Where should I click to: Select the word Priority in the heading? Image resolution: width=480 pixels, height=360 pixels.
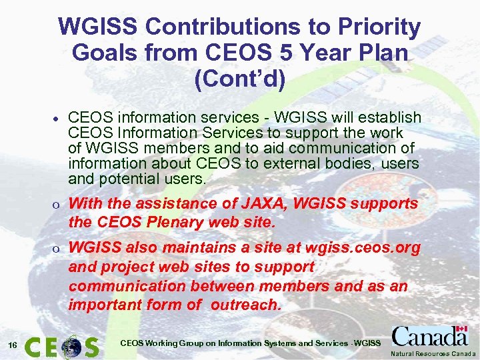point(379,27)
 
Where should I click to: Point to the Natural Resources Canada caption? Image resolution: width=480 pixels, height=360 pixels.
point(433,354)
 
